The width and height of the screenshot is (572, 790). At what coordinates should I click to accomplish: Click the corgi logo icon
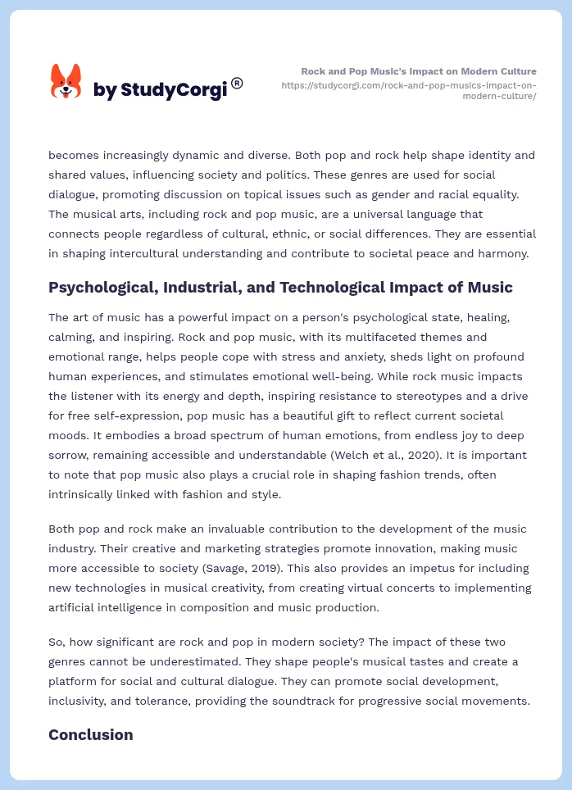(66, 82)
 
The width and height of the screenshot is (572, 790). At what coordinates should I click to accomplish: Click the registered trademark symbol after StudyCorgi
(237, 83)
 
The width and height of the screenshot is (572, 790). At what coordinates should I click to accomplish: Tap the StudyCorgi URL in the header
(408, 90)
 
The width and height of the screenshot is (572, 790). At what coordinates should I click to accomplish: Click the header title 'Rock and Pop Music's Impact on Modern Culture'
(419, 71)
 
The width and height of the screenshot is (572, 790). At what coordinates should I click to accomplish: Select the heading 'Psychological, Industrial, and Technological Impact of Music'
(280, 287)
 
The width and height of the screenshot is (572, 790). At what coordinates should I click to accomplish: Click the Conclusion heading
(90, 734)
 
